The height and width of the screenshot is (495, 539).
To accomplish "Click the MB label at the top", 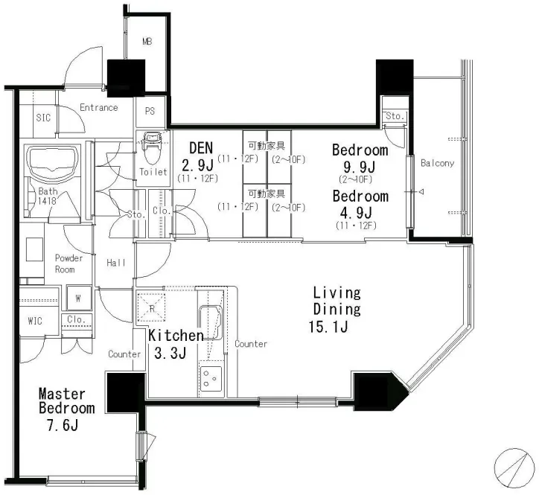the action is (x=147, y=42).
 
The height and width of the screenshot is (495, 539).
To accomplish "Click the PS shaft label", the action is (x=150, y=111).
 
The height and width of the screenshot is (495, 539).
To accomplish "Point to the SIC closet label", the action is (x=43, y=118).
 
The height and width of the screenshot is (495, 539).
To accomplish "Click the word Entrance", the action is (x=99, y=108).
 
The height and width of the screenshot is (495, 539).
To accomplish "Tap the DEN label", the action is (x=201, y=148).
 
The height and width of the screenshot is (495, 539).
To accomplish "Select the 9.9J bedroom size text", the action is (x=360, y=167).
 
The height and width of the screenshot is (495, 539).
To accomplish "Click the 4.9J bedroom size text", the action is (x=356, y=213).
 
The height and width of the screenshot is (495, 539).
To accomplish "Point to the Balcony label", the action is (x=437, y=163).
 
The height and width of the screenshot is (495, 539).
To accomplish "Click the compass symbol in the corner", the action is (x=514, y=468).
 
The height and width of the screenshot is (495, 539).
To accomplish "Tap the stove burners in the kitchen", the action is (x=211, y=378).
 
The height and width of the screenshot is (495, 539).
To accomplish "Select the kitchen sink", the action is (x=211, y=322).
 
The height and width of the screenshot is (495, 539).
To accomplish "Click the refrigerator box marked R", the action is (x=151, y=307).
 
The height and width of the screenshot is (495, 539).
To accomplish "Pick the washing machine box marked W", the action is (x=79, y=298).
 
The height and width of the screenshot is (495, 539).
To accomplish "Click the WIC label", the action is (x=35, y=321).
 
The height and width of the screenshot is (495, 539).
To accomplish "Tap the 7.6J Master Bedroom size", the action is (x=63, y=425).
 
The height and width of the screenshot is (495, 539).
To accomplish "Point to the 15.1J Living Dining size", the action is (x=328, y=327).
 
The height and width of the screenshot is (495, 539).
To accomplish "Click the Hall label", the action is (x=116, y=263).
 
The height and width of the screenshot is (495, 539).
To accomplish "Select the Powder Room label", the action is (x=68, y=264).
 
